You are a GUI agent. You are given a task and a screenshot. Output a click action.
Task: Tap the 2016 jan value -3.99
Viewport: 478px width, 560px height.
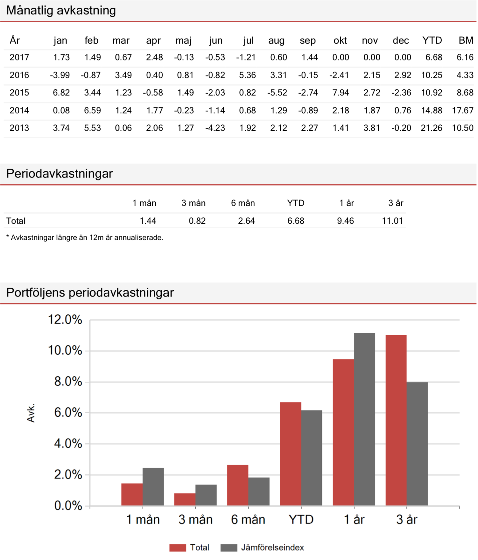(x=60, y=75)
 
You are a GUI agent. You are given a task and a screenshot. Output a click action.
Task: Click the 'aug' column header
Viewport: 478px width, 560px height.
(x=276, y=41)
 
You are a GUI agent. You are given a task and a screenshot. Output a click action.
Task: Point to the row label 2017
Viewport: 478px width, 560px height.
(x=19, y=58)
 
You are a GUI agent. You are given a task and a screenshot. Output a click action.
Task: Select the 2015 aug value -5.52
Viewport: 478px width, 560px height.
(x=277, y=93)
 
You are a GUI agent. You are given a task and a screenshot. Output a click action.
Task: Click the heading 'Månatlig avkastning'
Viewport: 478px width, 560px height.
(x=61, y=10)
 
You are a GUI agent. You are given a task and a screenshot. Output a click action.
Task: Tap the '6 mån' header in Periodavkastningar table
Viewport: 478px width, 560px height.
(x=243, y=203)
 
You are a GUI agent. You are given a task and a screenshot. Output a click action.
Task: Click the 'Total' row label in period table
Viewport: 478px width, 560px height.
(x=16, y=221)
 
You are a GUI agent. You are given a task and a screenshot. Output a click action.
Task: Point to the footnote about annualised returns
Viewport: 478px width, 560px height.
(x=85, y=238)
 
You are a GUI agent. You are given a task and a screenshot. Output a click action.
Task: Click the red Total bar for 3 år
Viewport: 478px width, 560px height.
(x=396, y=420)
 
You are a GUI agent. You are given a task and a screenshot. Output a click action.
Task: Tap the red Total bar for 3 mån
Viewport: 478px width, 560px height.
(x=185, y=500)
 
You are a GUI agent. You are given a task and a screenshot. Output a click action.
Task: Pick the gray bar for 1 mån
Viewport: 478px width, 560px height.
(x=153, y=487)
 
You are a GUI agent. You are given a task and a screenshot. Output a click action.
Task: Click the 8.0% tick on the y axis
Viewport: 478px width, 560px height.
(x=68, y=381)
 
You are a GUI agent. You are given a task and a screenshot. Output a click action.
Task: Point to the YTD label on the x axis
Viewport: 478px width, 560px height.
(x=301, y=520)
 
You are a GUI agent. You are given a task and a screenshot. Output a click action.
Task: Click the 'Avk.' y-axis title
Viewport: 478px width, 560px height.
(x=31, y=413)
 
